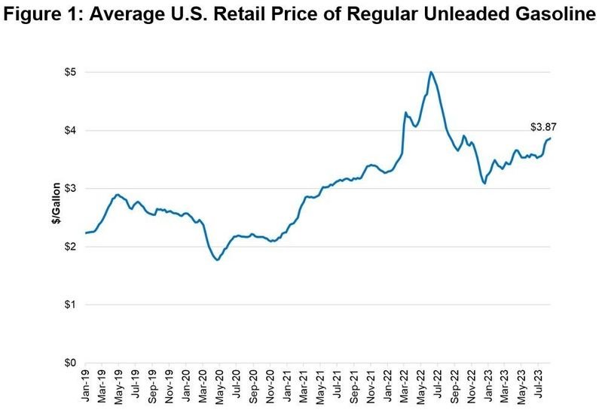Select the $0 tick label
(x=69, y=363)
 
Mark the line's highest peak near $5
(x=430, y=72)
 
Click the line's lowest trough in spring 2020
(x=217, y=260)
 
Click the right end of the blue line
(x=551, y=138)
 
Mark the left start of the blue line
(x=86, y=233)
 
